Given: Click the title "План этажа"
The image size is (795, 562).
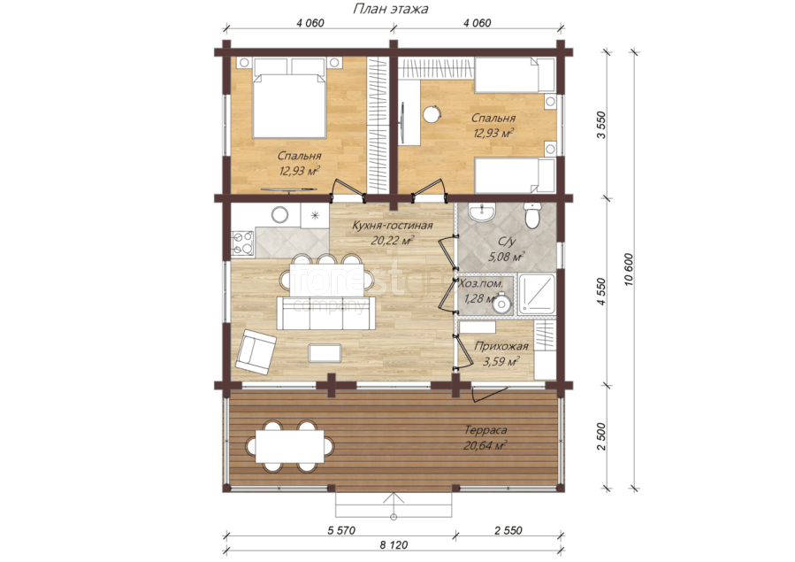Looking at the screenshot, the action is coord(390,9).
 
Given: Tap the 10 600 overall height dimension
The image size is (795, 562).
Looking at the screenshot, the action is coord(630,270).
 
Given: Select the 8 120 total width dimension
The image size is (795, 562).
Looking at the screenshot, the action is coord(394,545).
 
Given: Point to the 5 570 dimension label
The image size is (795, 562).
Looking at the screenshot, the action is coord(341,530).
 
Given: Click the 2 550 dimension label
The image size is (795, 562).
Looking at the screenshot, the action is coord(508,530).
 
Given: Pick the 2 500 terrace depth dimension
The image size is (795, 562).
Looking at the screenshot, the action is coord(601,436).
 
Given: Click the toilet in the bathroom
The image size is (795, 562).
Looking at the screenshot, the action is coord(531,216).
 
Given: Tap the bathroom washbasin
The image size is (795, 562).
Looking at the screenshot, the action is coord(482,212).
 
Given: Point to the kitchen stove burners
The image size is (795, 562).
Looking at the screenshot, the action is coord(243,243).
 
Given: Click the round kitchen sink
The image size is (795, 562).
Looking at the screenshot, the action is coord(279,215).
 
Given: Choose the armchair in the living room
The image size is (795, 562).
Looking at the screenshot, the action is coord(255,351).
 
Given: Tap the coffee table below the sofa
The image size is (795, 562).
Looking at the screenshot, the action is coord(325,353).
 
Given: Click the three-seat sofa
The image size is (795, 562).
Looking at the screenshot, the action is coord(326,313).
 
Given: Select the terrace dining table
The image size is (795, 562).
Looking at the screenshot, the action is coord(289,446).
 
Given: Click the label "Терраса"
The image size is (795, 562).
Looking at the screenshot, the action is coord(485,430).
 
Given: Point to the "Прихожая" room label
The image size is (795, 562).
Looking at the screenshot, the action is coord(501,346).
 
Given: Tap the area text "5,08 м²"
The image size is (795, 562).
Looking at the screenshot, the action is coord(506,257).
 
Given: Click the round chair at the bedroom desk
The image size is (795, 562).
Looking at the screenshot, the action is coord(432,113).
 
